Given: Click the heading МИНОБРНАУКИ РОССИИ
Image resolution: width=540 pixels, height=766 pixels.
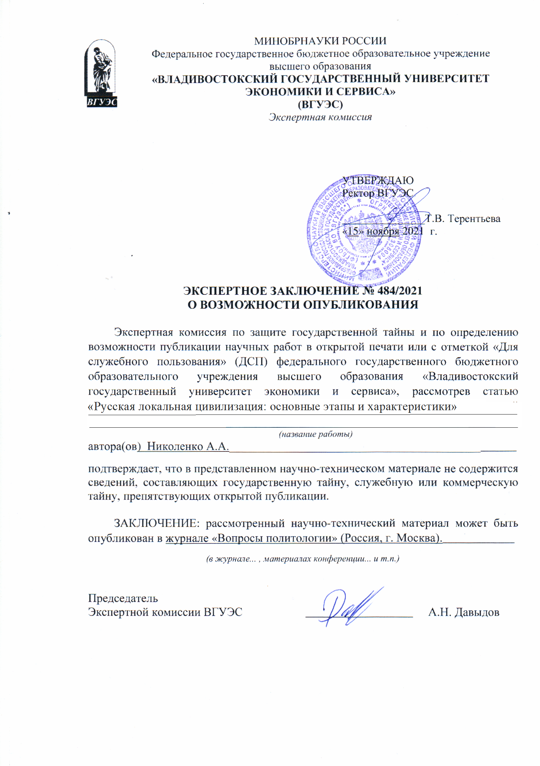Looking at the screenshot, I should (320, 41).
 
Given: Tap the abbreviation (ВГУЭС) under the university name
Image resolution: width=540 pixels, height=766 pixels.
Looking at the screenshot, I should (320, 105).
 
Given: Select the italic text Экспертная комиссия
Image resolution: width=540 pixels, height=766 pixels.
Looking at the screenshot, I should (320, 117).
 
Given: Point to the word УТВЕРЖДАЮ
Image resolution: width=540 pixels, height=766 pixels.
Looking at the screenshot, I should (378, 180).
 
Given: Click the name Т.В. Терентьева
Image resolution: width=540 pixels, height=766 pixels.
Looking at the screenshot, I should (463, 219).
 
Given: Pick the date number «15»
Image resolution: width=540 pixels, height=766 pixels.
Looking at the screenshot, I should (353, 231).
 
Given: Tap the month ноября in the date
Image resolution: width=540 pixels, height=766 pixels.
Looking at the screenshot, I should (382, 231).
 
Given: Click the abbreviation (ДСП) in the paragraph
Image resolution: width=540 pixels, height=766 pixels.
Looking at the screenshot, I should (251, 362).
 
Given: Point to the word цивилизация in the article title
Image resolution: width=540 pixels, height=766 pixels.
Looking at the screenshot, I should (230, 407).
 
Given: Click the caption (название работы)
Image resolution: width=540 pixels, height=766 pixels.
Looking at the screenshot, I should (315, 434).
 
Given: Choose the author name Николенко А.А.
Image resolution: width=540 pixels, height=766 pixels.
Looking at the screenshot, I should (188, 446).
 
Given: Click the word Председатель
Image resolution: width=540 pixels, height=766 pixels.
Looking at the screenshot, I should (123, 598).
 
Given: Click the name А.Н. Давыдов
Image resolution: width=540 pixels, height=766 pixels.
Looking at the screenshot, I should (464, 612).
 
